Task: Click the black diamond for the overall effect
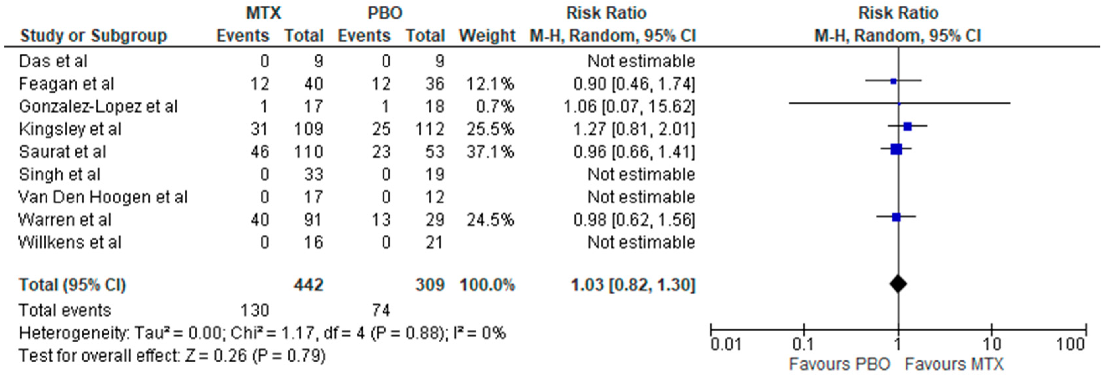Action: [898, 284]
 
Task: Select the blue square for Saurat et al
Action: [896, 149]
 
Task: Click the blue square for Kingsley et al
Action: [907, 126]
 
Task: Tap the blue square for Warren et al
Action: [896, 217]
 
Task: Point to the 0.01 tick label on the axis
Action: [725, 344]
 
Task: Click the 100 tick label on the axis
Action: [1070, 344]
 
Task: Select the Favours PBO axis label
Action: [839, 364]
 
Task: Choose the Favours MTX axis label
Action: [954, 364]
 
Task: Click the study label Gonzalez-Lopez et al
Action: [98, 106]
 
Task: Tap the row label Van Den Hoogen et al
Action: [103, 197]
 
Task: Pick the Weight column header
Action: [487, 36]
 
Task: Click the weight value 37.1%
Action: [490, 152]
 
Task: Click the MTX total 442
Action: [308, 285]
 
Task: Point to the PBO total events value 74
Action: [381, 310]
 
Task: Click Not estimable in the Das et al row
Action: [641, 61]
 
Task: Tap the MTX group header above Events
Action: [263, 13]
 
